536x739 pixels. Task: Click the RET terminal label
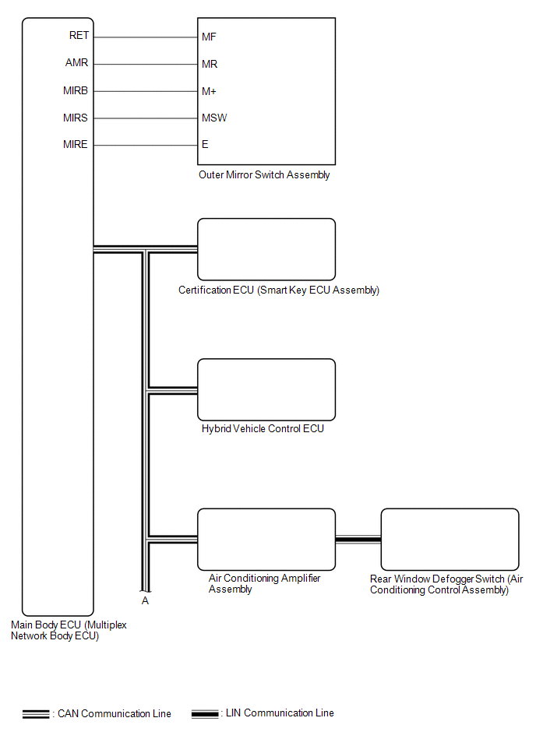[x=79, y=36]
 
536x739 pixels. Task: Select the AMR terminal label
[x=77, y=63]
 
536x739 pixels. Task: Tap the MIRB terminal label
[x=76, y=90]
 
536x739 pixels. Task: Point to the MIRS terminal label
[x=76, y=118]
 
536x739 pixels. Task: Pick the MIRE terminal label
[x=76, y=144]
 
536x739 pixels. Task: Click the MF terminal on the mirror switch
[x=209, y=37]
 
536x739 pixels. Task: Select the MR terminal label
[x=210, y=64]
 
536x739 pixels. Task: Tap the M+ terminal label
[x=209, y=91]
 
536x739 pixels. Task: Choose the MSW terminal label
[x=214, y=118]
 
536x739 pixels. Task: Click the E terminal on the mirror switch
[x=205, y=144]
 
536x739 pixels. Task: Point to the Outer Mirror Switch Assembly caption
[x=264, y=175]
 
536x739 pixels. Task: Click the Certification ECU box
[x=266, y=249]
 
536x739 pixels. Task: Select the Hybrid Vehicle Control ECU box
[x=266, y=389]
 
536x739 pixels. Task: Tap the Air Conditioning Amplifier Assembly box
[x=266, y=539]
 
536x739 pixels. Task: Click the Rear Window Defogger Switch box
[x=450, y=539]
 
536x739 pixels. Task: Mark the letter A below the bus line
[x=145, y=601]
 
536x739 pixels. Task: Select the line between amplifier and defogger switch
[x=358, y=539]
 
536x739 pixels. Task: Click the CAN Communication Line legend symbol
[x=36, y=714]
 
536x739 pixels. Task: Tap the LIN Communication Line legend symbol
[x=206, y=714]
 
